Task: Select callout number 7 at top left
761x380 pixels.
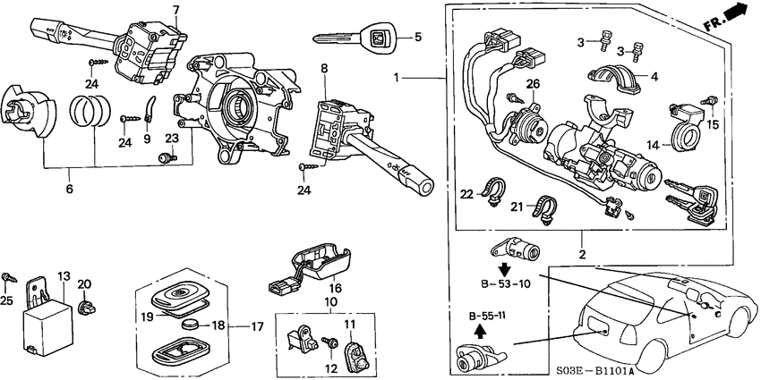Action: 175,10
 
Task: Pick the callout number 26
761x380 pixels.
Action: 533,85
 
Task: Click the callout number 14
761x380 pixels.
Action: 654,144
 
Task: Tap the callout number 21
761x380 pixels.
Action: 516,207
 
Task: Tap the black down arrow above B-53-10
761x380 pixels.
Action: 504,269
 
